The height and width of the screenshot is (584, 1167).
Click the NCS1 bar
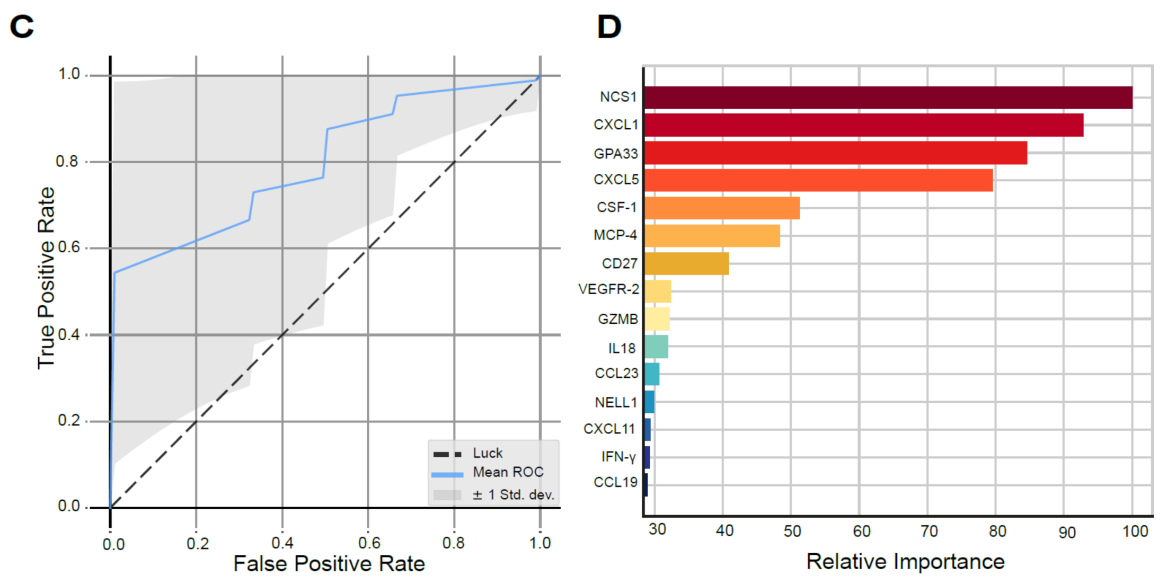888,98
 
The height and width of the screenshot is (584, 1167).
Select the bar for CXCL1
864,125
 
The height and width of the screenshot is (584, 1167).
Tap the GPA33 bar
835,153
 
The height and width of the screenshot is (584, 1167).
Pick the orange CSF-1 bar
722,208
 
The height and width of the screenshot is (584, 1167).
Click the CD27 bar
686,263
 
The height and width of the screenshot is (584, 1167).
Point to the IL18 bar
656,347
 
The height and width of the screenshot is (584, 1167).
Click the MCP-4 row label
615,235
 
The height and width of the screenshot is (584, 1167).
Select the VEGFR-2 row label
608,289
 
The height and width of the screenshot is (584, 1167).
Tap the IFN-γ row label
618,457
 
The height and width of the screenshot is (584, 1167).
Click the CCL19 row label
615,483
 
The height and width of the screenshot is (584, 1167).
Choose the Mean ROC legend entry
508,472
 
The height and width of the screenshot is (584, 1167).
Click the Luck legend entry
487,454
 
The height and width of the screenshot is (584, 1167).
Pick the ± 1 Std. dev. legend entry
513,495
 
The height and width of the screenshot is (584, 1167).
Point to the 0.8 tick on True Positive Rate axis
67,162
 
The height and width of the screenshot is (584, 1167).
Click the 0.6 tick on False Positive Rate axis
369,543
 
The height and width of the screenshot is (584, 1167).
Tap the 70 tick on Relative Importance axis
929,532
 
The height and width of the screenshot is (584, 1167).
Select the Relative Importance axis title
905,562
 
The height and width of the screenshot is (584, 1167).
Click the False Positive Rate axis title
329,564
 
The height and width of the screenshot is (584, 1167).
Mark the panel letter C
22,26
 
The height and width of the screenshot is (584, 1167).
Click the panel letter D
609,26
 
